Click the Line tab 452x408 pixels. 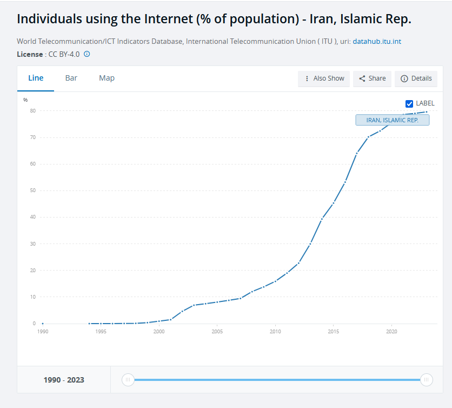[x=36, y=78]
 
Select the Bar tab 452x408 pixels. [x=71, y=78]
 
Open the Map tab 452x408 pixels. [x=107, y=78]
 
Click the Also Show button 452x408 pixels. [x=324, y=78]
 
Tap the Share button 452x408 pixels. [x=373, y=78]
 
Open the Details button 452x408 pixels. [x=416, y=78]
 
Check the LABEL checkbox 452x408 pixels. [x=409, y=103]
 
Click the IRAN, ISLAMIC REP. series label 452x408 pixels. [x=392, y=120]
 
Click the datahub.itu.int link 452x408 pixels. [x=377, y=42]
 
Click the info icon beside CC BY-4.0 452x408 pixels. [x=87, y=54]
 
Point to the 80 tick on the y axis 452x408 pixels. [x=33, y=111]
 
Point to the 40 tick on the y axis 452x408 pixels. [x=33, y=217]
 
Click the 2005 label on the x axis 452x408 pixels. [x=217, y=332]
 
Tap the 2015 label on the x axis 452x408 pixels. [x=334, y=332]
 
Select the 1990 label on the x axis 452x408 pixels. [x=42, y=332]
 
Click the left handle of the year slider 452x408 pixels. [x=128, y=380]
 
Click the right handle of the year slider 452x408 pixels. [x=426, y=380]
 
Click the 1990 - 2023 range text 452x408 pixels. [x=64, y=380]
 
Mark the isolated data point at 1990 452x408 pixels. [x=42, y=324]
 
